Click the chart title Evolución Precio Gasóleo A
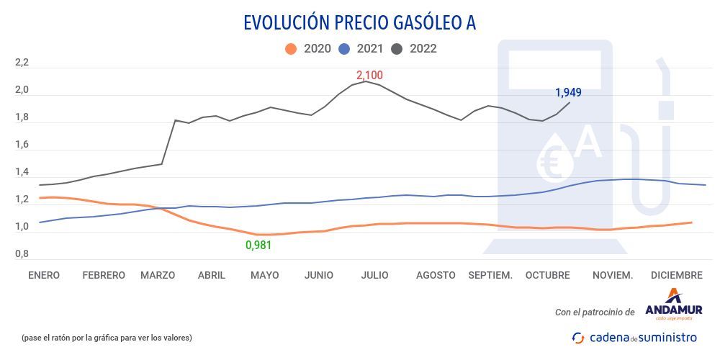[359, 23]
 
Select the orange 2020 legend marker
[291, 49]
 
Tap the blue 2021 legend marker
[344, 49]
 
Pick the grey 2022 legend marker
[397, 49]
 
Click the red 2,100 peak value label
[369, 75]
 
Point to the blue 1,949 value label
[568, 92]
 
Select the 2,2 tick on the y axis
[22, 63]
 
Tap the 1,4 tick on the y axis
[22, 173]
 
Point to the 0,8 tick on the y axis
[22, 254]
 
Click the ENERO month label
[44, 275]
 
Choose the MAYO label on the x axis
[264, 275]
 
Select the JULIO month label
[374, 275]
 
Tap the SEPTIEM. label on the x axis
[490, 275]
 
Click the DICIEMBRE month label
[676, 275]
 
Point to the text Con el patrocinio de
[594, 312]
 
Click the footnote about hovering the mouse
[107, 337]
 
